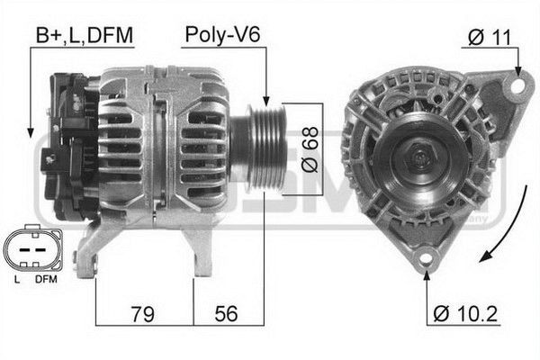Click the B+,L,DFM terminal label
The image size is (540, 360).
click(84, 35)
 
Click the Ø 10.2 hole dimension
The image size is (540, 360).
click(465, 315)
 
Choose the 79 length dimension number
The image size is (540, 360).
click(141, 314)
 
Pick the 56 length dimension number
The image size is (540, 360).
click(227, 314)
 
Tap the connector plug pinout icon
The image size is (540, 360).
click(32, 249)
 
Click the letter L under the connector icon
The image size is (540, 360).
click(17, 280)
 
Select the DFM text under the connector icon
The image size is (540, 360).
click(46, 280)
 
